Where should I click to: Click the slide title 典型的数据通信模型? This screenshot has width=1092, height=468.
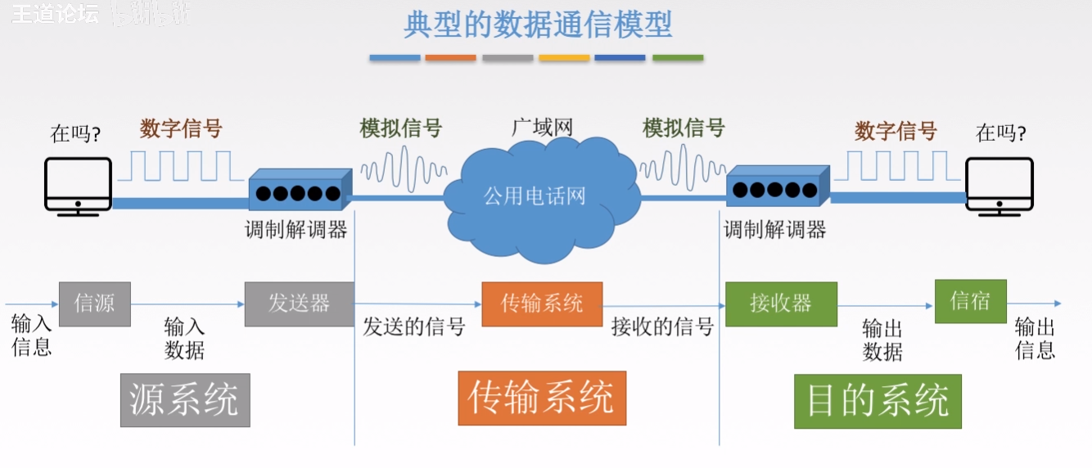tap(538, 25)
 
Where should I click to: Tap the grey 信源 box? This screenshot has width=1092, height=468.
tap(95, 304)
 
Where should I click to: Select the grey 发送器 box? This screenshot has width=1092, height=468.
tap(300, 304)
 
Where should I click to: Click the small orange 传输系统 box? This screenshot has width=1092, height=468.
tap(542, 304)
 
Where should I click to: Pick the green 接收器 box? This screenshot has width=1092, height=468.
tap(781, 304)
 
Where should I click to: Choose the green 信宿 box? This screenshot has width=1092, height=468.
tap(970, 301)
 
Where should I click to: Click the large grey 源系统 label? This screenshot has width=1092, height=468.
tap(185, 400)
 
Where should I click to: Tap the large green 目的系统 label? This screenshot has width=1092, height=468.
tap(878, 401)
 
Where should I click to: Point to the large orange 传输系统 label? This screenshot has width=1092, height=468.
tap(542, 398)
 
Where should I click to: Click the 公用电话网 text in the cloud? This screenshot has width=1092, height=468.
tap(535, 196)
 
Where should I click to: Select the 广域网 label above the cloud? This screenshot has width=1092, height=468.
tap(542, 128)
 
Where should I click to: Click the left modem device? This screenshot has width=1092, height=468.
tap(300, 190)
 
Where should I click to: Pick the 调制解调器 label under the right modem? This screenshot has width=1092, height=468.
tap(774, 230)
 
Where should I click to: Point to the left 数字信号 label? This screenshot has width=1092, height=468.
tap(181, 128)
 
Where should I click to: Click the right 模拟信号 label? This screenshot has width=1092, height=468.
tap(684, 128)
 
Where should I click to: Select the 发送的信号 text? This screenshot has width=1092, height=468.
tap(414, 328)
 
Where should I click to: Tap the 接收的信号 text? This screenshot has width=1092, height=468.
tap(662, 328)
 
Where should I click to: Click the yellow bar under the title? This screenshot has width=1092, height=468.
tap(564, 58)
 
